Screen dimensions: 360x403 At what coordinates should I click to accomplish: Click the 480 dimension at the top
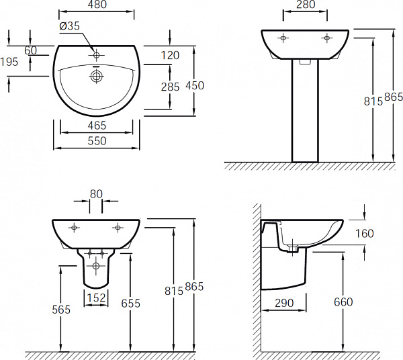tap(96, 6)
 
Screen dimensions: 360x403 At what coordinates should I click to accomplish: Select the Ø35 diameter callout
tap(71, 26)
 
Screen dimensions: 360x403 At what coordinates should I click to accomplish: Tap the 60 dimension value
tap(31, 50)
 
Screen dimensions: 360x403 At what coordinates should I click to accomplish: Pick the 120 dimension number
tap(171, 55)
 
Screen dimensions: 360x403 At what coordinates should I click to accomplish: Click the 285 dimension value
tap(171, 86)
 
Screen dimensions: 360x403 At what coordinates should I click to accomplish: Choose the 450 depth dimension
tap(195, 85)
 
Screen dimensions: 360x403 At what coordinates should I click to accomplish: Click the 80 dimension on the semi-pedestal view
tap(96, 193)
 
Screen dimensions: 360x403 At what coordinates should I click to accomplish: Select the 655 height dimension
tap(130, 304)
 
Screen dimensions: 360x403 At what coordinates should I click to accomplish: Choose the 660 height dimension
tap(343, 303)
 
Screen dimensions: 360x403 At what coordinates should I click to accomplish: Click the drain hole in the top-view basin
tap(96, 77)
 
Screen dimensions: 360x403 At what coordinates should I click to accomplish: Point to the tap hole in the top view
tap(96, 54)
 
